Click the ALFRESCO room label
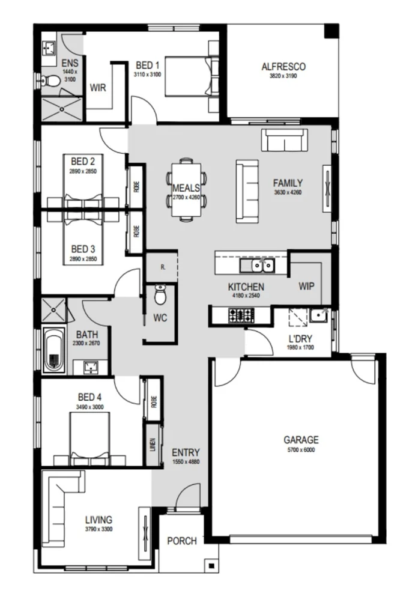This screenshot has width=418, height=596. click(284, 67)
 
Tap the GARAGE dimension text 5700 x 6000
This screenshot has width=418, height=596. click(301, 449)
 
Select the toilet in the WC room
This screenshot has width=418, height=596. click(160, 295)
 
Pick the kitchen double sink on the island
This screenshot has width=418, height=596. click(256, 265)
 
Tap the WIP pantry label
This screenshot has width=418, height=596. click(306, 286)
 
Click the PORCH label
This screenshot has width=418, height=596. click(181, 541)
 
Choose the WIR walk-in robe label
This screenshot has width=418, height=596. click(98, 88)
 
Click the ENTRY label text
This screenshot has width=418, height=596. click(186, 452)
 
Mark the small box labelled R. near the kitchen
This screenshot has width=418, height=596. click(163, 267)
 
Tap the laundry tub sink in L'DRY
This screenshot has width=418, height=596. click(317, 315)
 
